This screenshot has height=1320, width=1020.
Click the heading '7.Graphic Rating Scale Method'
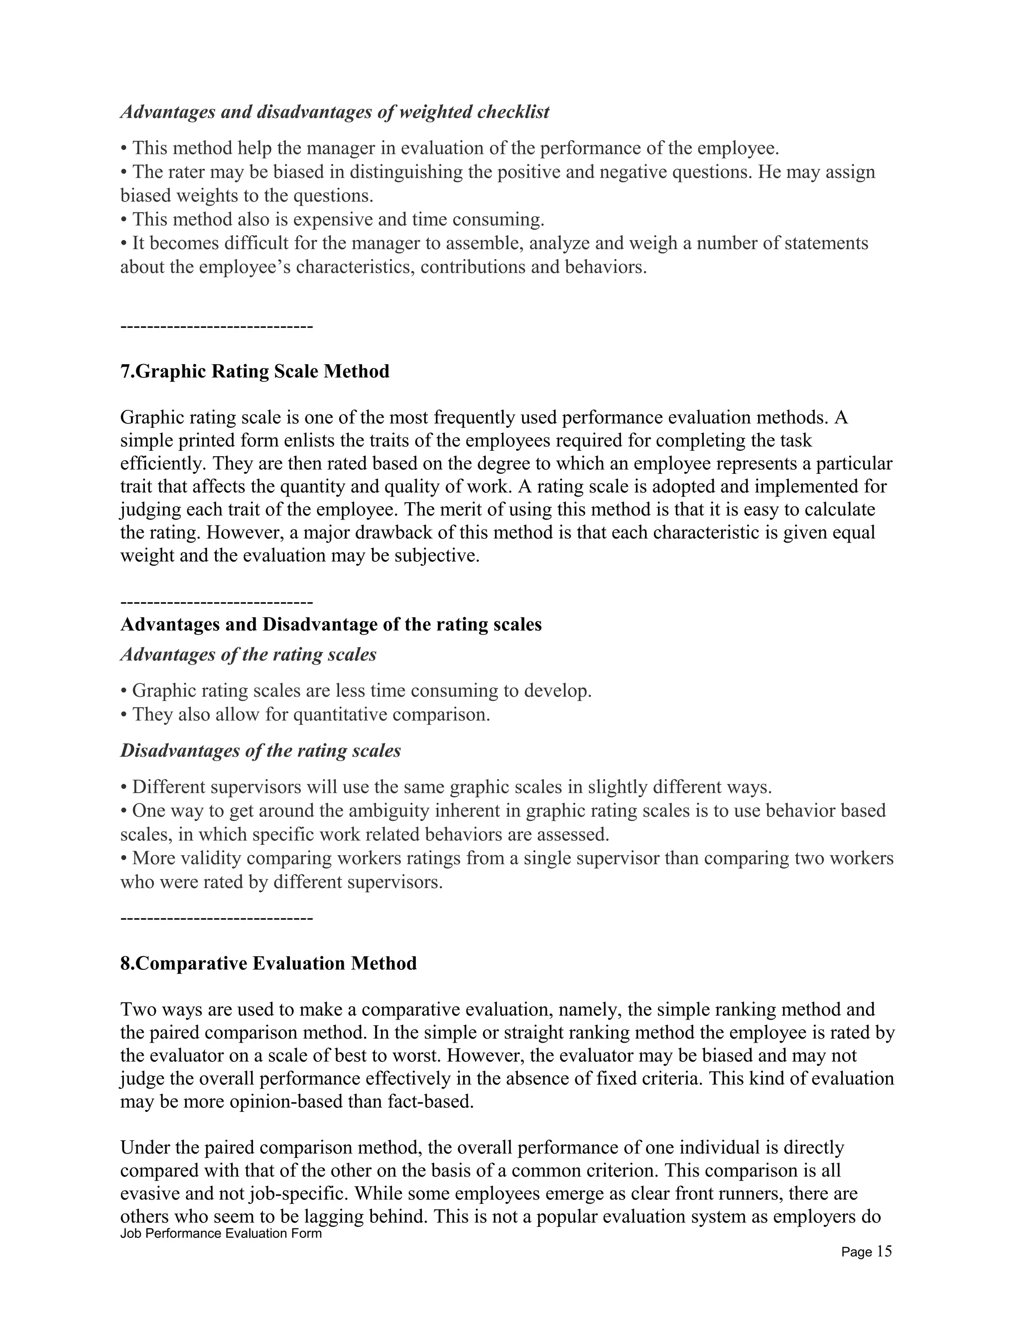coord(255,371)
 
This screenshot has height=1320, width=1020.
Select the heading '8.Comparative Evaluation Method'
coord(268,963)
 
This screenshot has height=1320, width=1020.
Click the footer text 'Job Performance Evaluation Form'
coord(221,1233)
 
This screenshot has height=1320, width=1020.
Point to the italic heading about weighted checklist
coord(334,112)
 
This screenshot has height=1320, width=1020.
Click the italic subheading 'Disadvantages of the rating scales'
coord(260,751)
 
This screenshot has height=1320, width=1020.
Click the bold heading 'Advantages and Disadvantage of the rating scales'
coord(331,624)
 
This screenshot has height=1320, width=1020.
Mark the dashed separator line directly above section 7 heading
coord(216,327)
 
